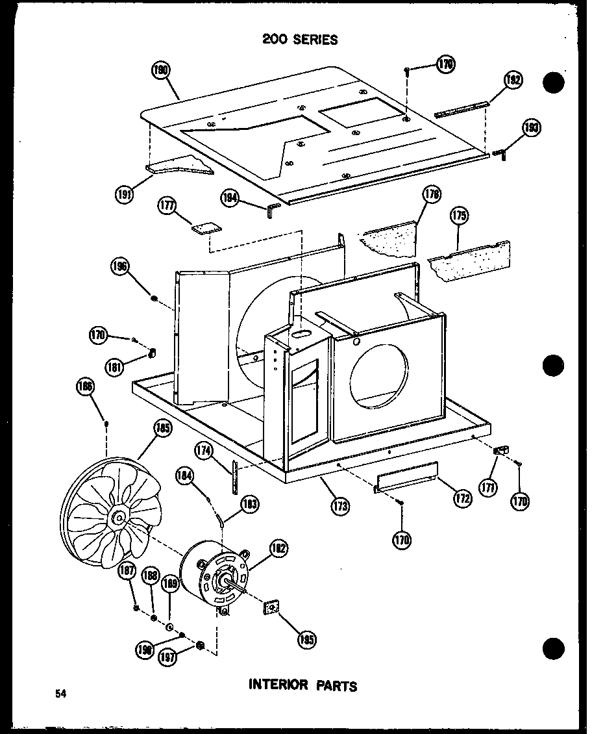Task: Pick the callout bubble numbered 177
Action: click(167, 207)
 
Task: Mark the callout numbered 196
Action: click(120, 266)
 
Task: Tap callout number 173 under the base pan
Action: click(338, 504)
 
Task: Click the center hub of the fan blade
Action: click(119, 518)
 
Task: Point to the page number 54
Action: click(60, 694)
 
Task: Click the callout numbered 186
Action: click(85, 388)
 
